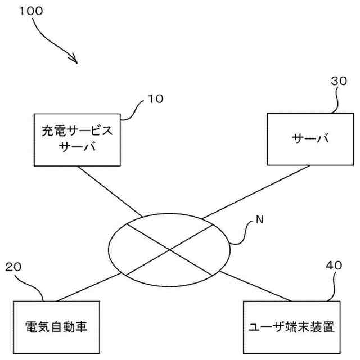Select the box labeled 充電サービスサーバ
pos(78,139)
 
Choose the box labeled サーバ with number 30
pos(310,139)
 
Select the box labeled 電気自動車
pos(56,327)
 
